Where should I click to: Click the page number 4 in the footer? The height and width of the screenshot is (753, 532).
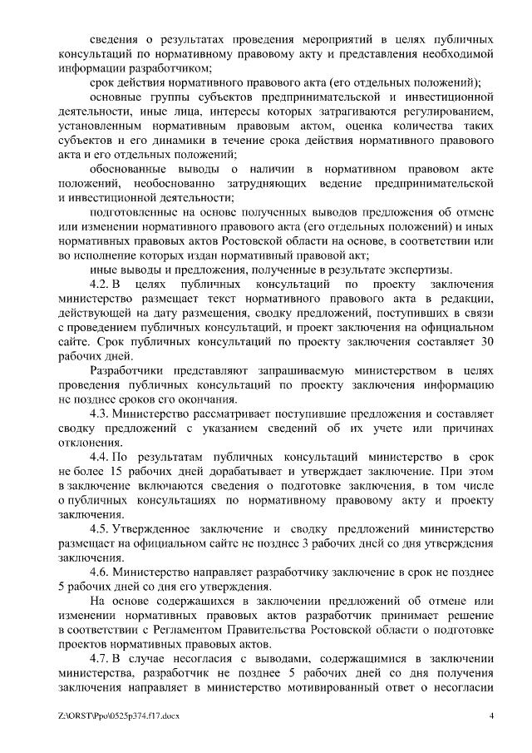pos(491,716)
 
